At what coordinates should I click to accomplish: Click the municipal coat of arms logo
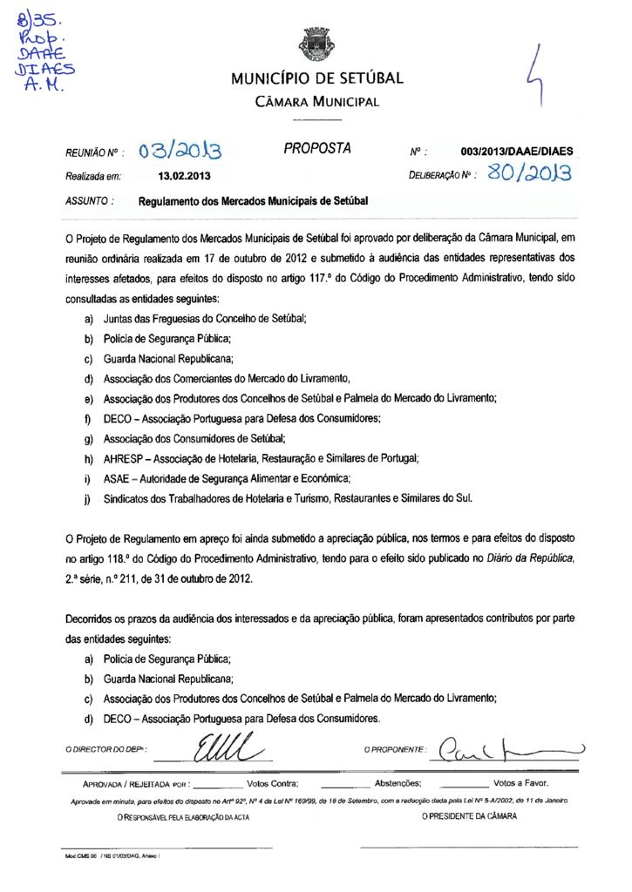coord(316,44)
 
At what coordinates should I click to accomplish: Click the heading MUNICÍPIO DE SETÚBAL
coord(316,79)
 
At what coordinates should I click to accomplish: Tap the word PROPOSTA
coord(317,149)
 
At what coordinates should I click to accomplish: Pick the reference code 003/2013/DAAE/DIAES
coord(517,152)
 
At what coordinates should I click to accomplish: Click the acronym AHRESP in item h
coord(122,458)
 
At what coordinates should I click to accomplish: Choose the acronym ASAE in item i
coord(118,478)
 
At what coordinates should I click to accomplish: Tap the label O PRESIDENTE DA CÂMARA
coord(469,816)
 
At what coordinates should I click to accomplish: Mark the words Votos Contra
coord(273,783)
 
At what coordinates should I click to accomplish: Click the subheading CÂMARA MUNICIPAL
coord(316,102)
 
